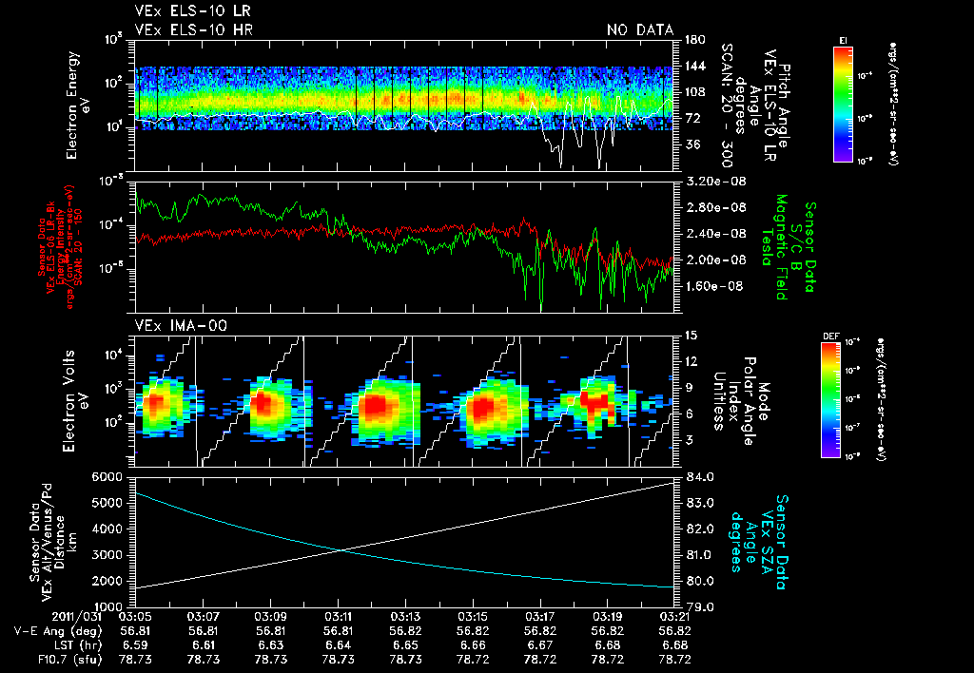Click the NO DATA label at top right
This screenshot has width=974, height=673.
coord(639,30)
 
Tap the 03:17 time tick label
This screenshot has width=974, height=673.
coord(540,616)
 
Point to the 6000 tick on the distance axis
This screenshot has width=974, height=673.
coord(107,475)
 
